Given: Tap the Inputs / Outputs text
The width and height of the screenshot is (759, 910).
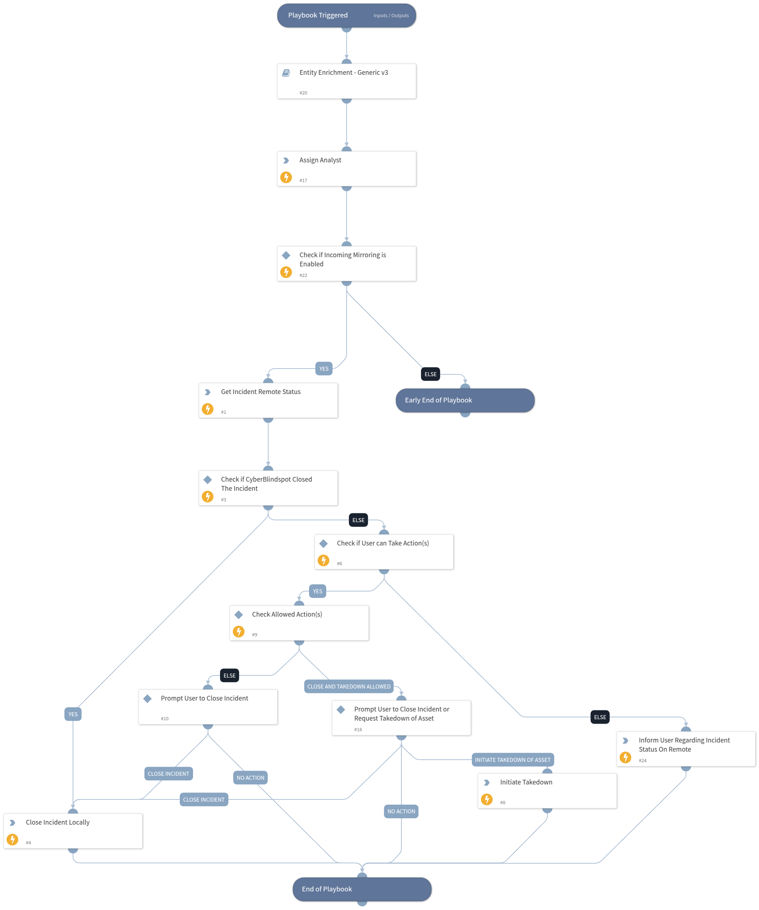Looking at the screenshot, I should (x=390, y=16).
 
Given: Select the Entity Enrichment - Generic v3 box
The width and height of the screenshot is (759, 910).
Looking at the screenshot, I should (x=346, y=81).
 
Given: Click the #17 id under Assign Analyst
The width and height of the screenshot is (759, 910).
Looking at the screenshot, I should (x=303, y=180).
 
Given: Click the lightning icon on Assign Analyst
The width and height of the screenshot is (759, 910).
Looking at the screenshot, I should (x=286, y=177).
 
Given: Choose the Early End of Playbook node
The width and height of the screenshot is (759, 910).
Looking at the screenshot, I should (x=465, y=400).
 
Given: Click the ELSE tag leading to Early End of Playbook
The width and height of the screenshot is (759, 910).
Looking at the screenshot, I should (x=430, y=374).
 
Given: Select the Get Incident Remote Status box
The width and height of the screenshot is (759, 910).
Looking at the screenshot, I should (x=268, y=400).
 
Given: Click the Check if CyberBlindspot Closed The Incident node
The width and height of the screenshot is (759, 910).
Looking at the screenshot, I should (x=268, y=487).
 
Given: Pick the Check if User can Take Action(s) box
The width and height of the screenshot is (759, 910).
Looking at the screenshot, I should (x=384, y=552).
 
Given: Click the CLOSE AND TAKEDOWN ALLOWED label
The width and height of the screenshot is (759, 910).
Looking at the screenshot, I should (x=348, y=686).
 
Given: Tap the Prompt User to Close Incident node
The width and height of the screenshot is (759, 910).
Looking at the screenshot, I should (x=208, y=706).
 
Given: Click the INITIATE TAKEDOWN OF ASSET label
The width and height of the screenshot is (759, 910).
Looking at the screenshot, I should (x=512, y=760).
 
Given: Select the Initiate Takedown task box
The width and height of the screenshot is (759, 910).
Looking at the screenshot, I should (x=547, y=790).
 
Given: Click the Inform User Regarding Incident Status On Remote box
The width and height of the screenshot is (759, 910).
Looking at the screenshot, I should (x=685, y=748).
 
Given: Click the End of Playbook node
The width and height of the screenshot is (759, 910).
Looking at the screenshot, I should (x=362, y=889).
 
